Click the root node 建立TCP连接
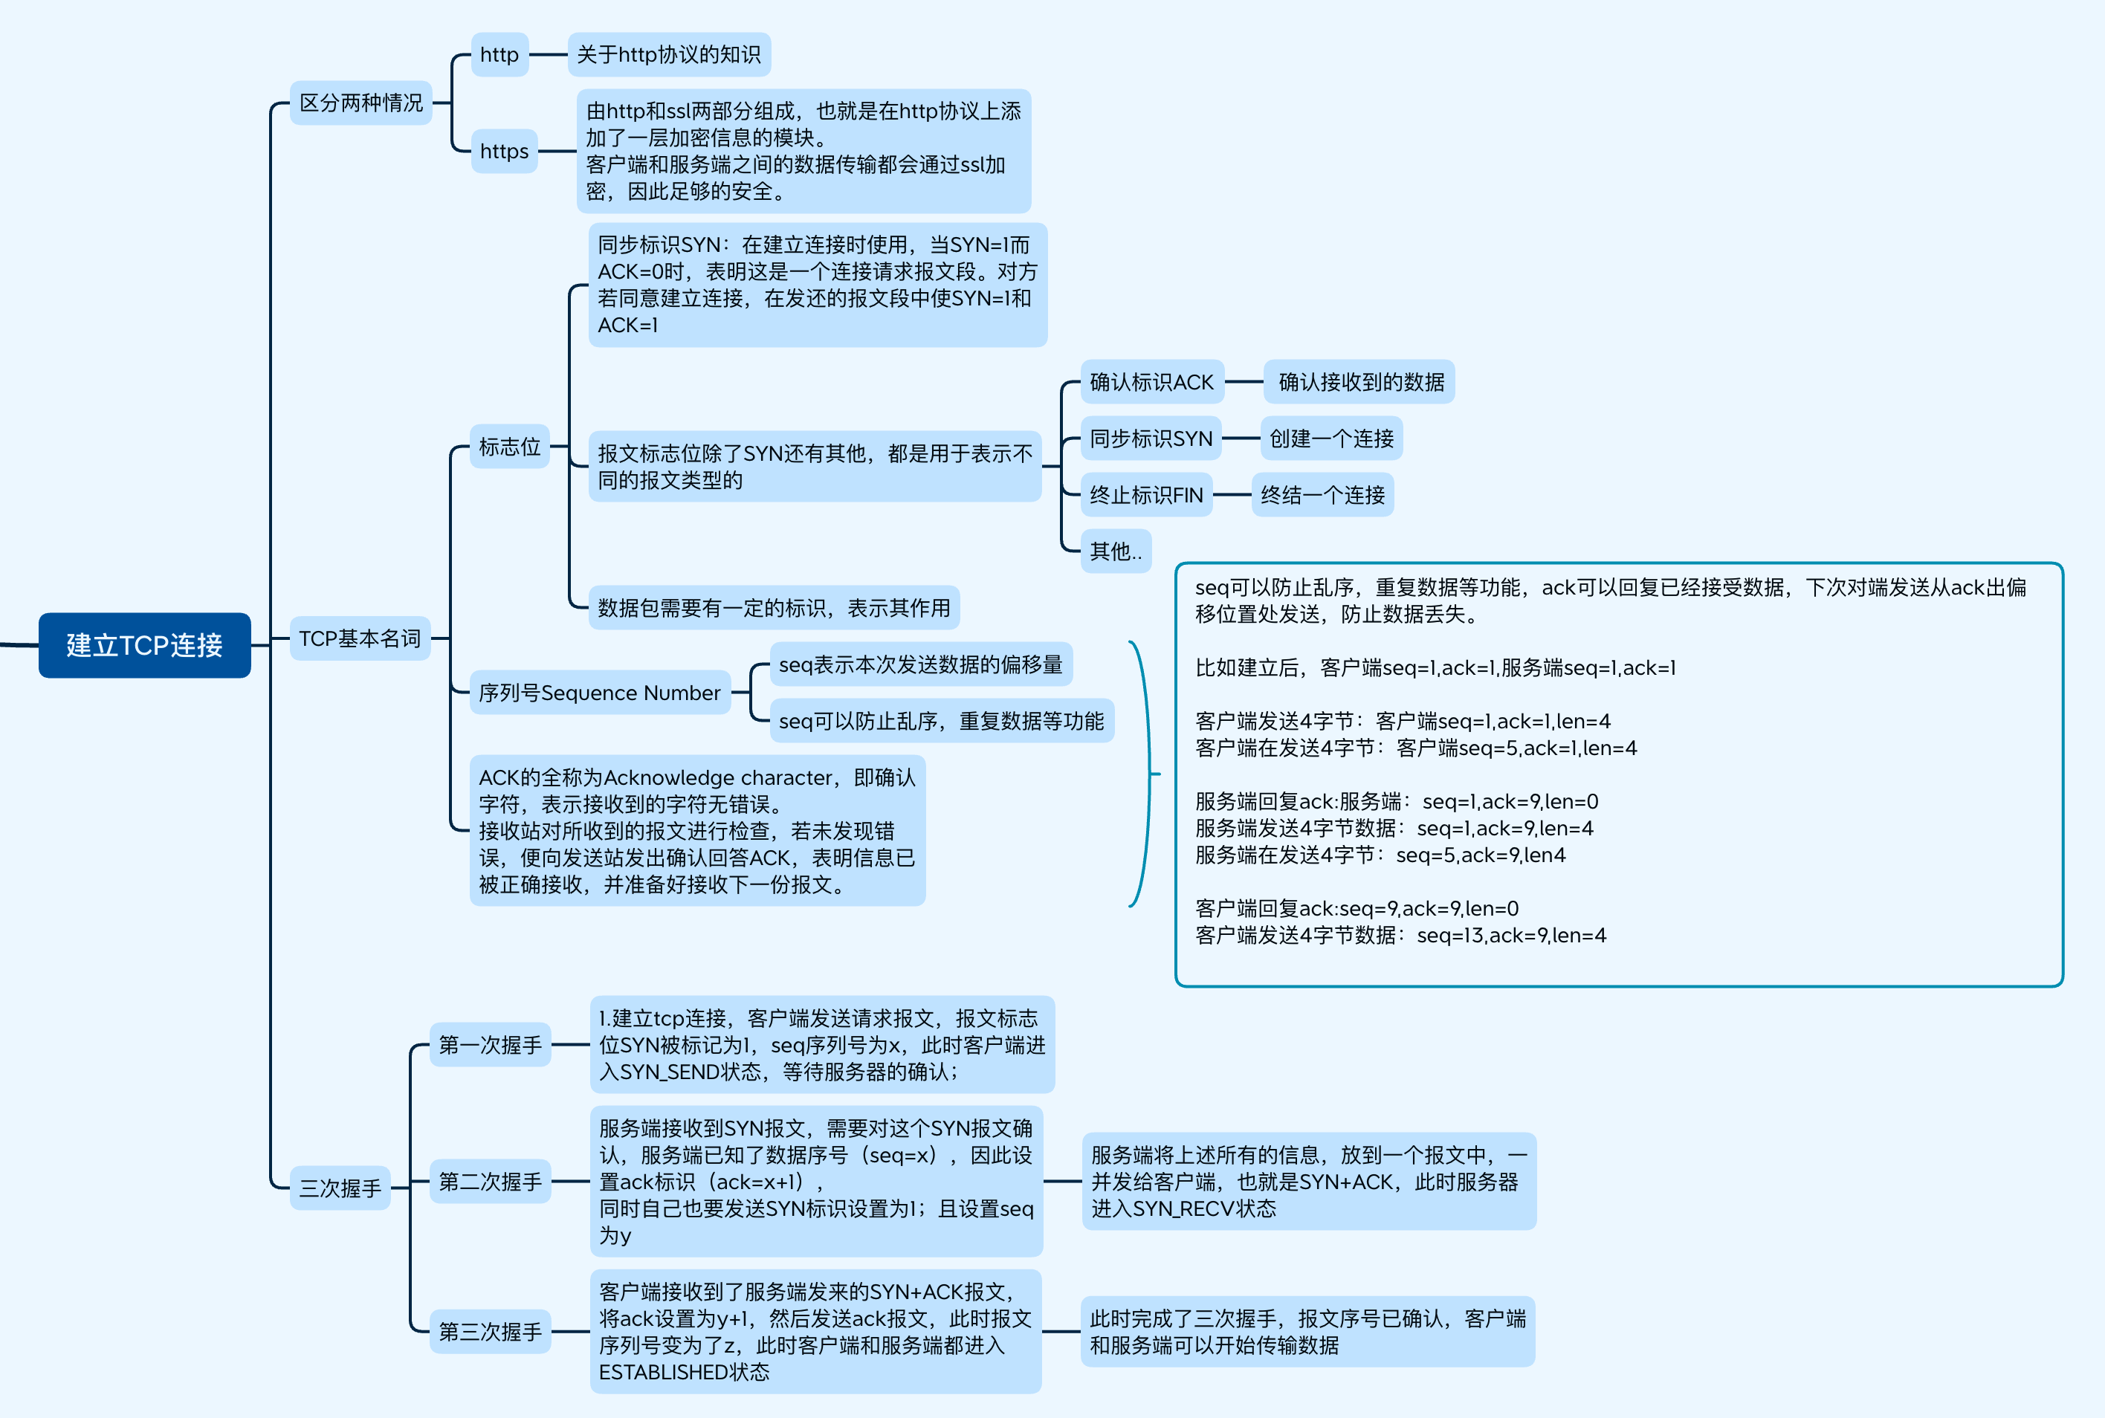(145, 645)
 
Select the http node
(499, 54)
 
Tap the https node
(504, 151)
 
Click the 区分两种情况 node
(360, 103)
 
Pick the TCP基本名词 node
(360, 638)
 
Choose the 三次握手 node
(340, 1188)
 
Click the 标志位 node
(509, 447)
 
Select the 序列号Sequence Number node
(600, 693)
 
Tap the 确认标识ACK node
(1151, 382)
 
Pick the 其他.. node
(1115, 551)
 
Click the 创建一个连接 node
(1331, 438)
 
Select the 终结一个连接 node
(1322, 495)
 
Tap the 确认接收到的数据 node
(1361, 382)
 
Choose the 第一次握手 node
(490, 1044)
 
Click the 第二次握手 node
(490, 1181)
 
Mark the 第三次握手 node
(490, 1331)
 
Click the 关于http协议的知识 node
(668, 54)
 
